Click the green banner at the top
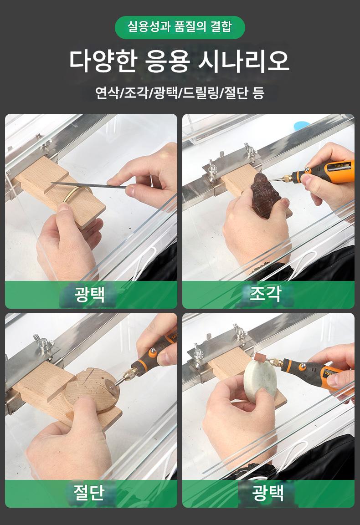click(x=180, y=27)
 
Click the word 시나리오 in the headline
click(x=243, y=61)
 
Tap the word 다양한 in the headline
click(x=103, y=61)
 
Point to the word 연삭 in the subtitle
click(x=107, y=93)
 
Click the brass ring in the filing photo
click(x=78, y=194)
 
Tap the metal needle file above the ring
click(x=88, y=185)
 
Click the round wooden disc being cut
click(x=92, y=390)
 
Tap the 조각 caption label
click(x=264, y=294)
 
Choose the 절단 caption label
click(x=89, y=493)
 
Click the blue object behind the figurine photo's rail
click(x=302, y=125)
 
